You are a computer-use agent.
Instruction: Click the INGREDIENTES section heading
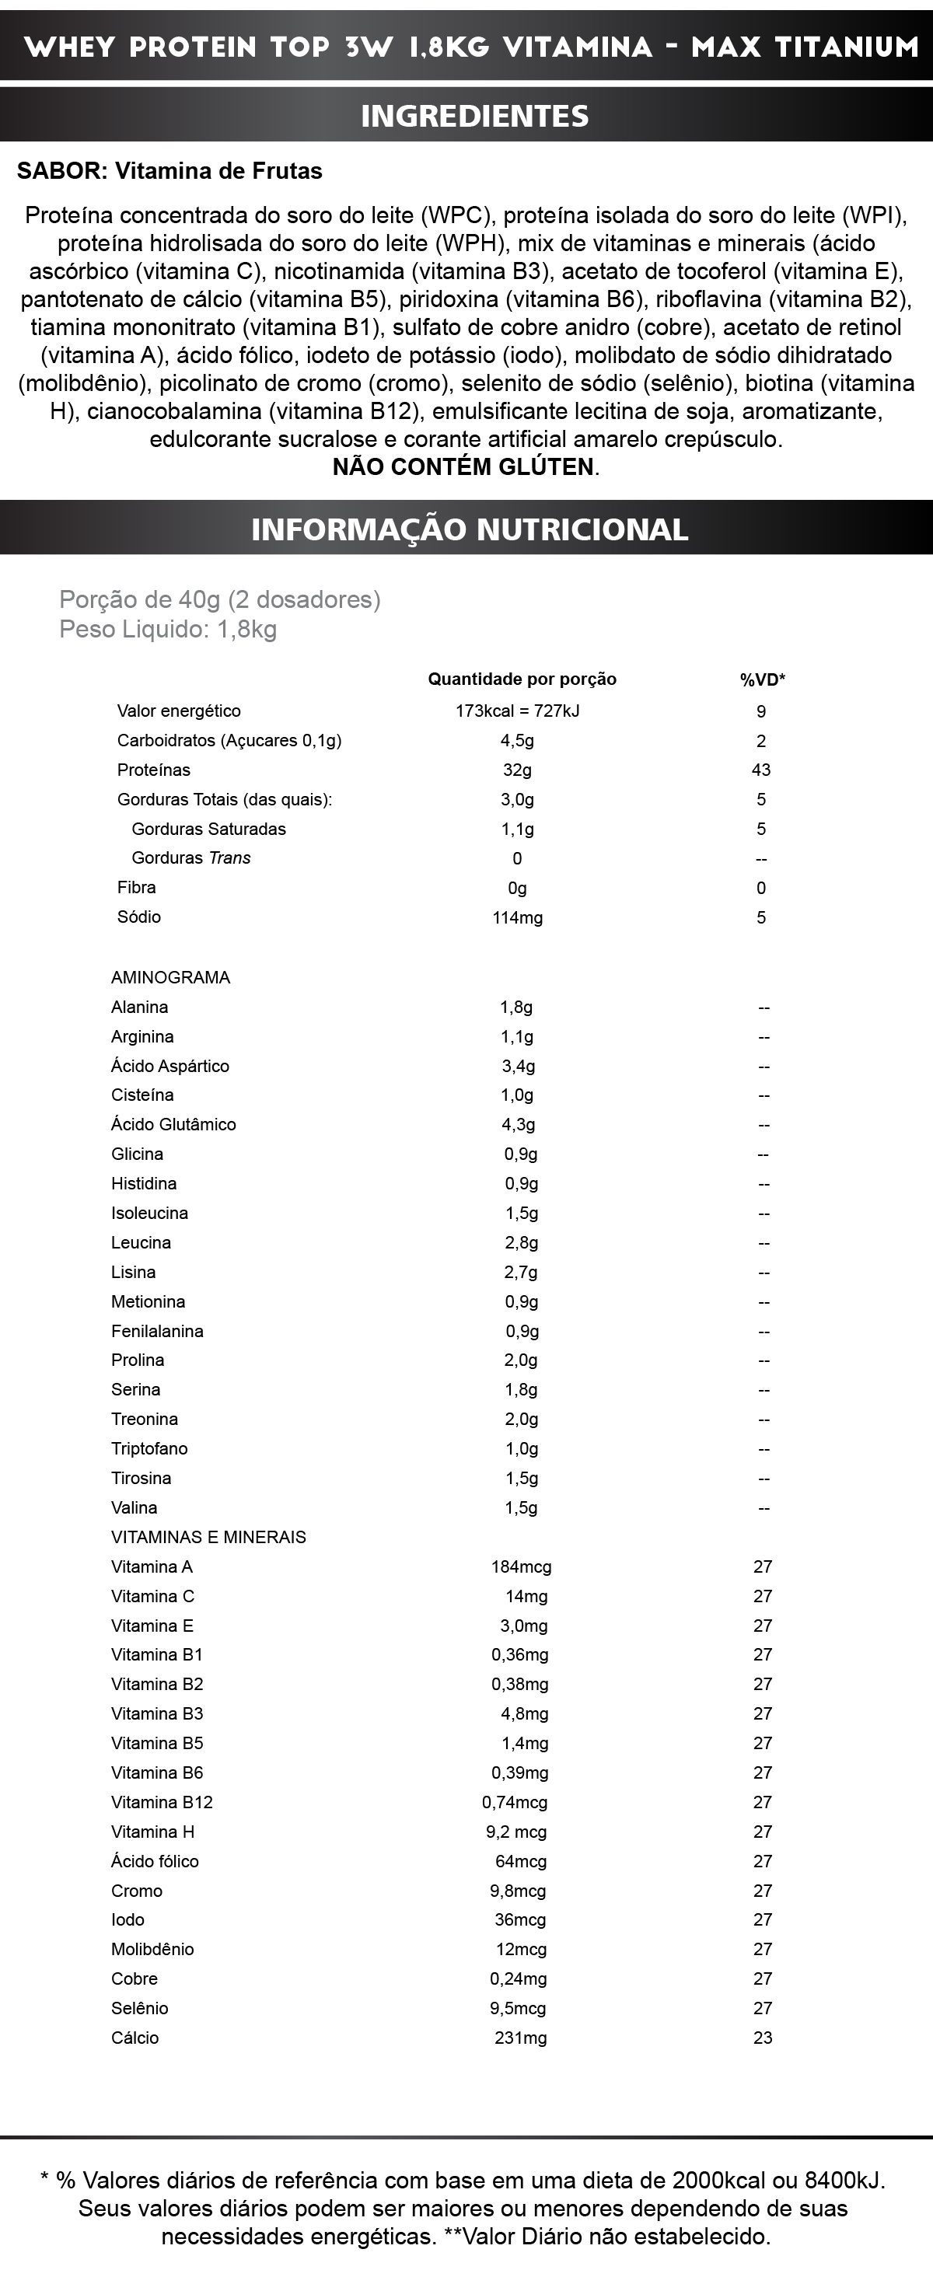[x=474, y=116]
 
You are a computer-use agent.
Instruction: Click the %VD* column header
[x=763, y=680]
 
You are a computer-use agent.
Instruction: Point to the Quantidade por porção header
[x=522, y=679]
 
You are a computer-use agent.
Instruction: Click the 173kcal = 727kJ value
[x=517, y=711]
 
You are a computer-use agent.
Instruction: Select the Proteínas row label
[x=153, y=770]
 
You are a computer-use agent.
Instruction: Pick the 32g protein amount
[x=517, y=770]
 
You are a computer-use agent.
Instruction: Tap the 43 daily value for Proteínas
[x=761, y=770]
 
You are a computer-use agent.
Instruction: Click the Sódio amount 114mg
[x=517, y=917]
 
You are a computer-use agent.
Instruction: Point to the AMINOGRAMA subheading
[x=170, y=977]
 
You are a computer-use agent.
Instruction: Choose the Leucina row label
[x=141, y=1242]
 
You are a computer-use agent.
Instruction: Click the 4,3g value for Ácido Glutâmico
[x=518, y=1124]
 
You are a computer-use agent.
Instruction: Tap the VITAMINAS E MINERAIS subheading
[x=208, y=1537]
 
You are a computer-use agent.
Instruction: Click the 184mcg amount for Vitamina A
[x=522, y=1566]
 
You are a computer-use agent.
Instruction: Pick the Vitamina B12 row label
[x=162, y=1802]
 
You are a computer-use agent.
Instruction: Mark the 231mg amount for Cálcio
[x=521, y=2038]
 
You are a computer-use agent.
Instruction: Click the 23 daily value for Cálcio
[x=763, y=2038]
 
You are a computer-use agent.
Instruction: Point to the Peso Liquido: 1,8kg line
[x=168, y=630]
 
